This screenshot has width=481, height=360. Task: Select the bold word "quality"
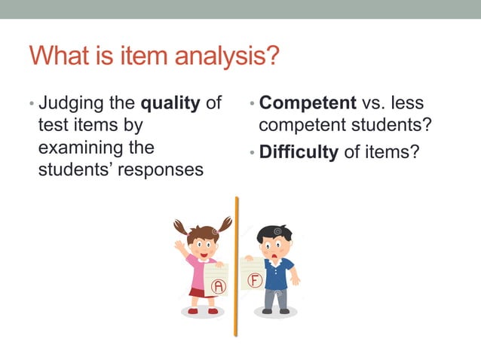172,103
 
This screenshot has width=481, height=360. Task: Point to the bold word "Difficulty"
299,152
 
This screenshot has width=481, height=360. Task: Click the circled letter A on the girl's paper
218,286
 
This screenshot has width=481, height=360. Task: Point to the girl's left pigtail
180,227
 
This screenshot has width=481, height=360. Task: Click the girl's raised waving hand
179,245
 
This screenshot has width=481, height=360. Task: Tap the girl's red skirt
198,291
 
